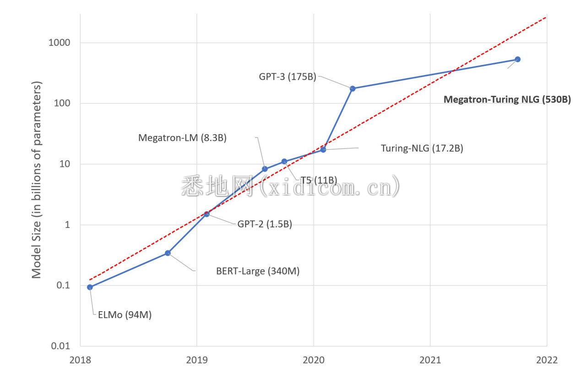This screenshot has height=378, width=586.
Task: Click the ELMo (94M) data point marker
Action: pyautogui.click(x=90, y=287)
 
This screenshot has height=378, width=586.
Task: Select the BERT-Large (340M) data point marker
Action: pyautogui.click(x=168, y=253)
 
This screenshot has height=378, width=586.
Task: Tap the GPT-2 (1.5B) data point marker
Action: pyautogui.click(x=206, y=214)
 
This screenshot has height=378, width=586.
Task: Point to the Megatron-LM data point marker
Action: pyautogui.click(x=265, y=169)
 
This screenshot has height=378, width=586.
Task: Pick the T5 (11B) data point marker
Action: pyautogui.click(x=284, y=162)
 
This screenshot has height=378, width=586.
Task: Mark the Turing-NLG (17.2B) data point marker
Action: pyautogui.click(x=323, y=150)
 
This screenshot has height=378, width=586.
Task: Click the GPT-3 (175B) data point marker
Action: pyautogui.click(x=353, y=88)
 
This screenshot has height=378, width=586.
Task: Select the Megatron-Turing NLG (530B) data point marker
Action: pyautogui.click(x=518, y=59)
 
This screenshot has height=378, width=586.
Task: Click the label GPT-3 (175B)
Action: pyautogui.click(x=288, y=77)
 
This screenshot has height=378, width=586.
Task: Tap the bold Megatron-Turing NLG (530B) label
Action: pyautogui.click(x=507, y=99)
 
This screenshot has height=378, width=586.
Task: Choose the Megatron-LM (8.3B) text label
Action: pyautogui.click(x=183, y=137)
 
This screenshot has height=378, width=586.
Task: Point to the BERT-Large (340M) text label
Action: pyautogui.click(x=258, y=271)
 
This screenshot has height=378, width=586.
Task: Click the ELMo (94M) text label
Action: pyautogui.click(x=125, y=315)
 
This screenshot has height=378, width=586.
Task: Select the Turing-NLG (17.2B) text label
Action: pyautogui.click(x=422, y=148)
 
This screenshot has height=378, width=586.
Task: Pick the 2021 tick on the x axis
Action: pyautogui.click(x=430, y=360)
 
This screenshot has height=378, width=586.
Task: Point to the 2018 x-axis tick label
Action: pyautogui.click(x=80, y=360)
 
